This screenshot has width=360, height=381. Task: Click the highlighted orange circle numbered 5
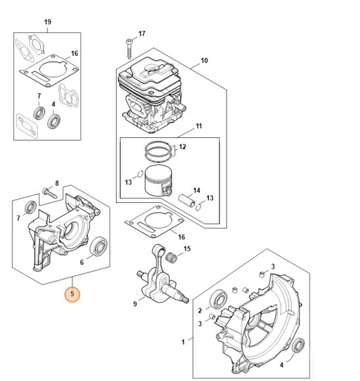point(72,294)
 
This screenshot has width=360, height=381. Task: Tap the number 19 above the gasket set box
point(48,22)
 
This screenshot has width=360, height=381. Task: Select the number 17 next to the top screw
point(142,34)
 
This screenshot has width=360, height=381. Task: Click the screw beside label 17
point(129,49)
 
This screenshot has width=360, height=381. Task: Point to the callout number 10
point(204,60)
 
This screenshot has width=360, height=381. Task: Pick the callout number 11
point(199,126)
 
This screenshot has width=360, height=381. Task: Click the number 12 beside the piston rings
point(183,146)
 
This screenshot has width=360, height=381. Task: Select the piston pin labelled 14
point(187,200)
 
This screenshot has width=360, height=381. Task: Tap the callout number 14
point(196,190)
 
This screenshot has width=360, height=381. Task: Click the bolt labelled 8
point(49,193)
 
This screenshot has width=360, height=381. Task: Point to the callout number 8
point(57,183)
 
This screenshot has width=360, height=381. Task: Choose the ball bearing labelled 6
point(99,246)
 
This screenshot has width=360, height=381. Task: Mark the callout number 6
point(81,262)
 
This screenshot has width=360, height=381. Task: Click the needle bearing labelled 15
point(171,257)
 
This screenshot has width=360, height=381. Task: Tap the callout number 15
point(187,249)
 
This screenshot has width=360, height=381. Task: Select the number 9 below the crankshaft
point(135,303)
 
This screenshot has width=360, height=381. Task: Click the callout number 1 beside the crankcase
point(183,342)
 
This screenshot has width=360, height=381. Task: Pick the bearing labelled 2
point(218,300)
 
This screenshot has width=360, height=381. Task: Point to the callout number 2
point(200,311)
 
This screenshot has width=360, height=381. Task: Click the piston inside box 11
point(158,181)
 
